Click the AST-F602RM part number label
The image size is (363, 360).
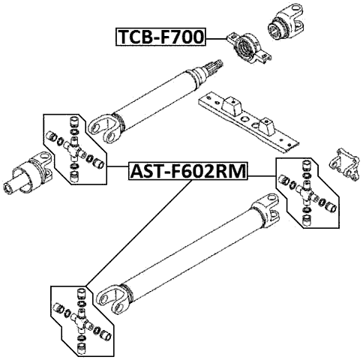pos(188,171)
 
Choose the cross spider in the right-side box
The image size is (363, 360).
pos(307,192)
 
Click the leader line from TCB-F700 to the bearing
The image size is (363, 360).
pos(216,37)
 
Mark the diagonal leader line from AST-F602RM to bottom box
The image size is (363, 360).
pos(135,232)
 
